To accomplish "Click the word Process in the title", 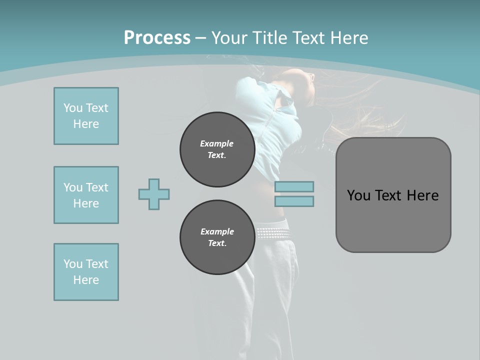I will (x=157, y=38).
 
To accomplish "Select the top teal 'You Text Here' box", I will (x=86, y=116).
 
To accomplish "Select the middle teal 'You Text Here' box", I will (x=86, y=195).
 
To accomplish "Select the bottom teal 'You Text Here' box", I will (x=86, y=272).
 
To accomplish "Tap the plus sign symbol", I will (x=154, y=194).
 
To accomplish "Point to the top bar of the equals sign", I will (x=294, y=186).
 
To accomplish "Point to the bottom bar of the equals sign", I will (x=294, y=201).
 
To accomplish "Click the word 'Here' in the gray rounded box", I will (x=422, y=195).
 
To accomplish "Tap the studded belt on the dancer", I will (x=272, y=232).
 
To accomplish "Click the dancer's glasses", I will (x=311, y=77).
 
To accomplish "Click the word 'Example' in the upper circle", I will (x=217, y=143).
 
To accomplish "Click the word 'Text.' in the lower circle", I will (x=217, y=243).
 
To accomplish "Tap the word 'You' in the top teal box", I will (x=73, y=108).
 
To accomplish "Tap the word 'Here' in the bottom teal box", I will (x=86, y=280).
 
